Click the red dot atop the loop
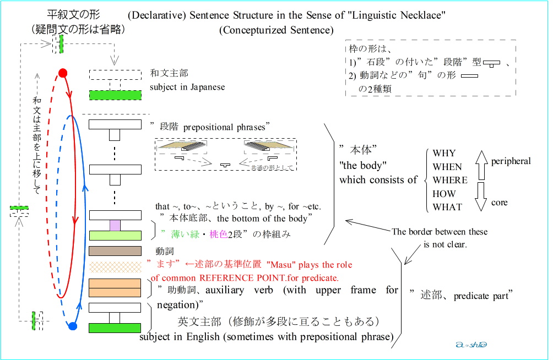[x=63, y=73]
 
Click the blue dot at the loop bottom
[x=72, y=326]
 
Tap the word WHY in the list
[x=444, y=153]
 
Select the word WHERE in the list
[x=449, y=180]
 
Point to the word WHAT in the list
[x=447, y=207]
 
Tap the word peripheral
[x=511, y=161]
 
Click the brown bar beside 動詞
[x=115, y=252]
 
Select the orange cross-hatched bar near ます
[x=115, y=267]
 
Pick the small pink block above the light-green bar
[x=115, y=225]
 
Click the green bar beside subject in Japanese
[x=115, y=95]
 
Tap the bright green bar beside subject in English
[x=115, y=328]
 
